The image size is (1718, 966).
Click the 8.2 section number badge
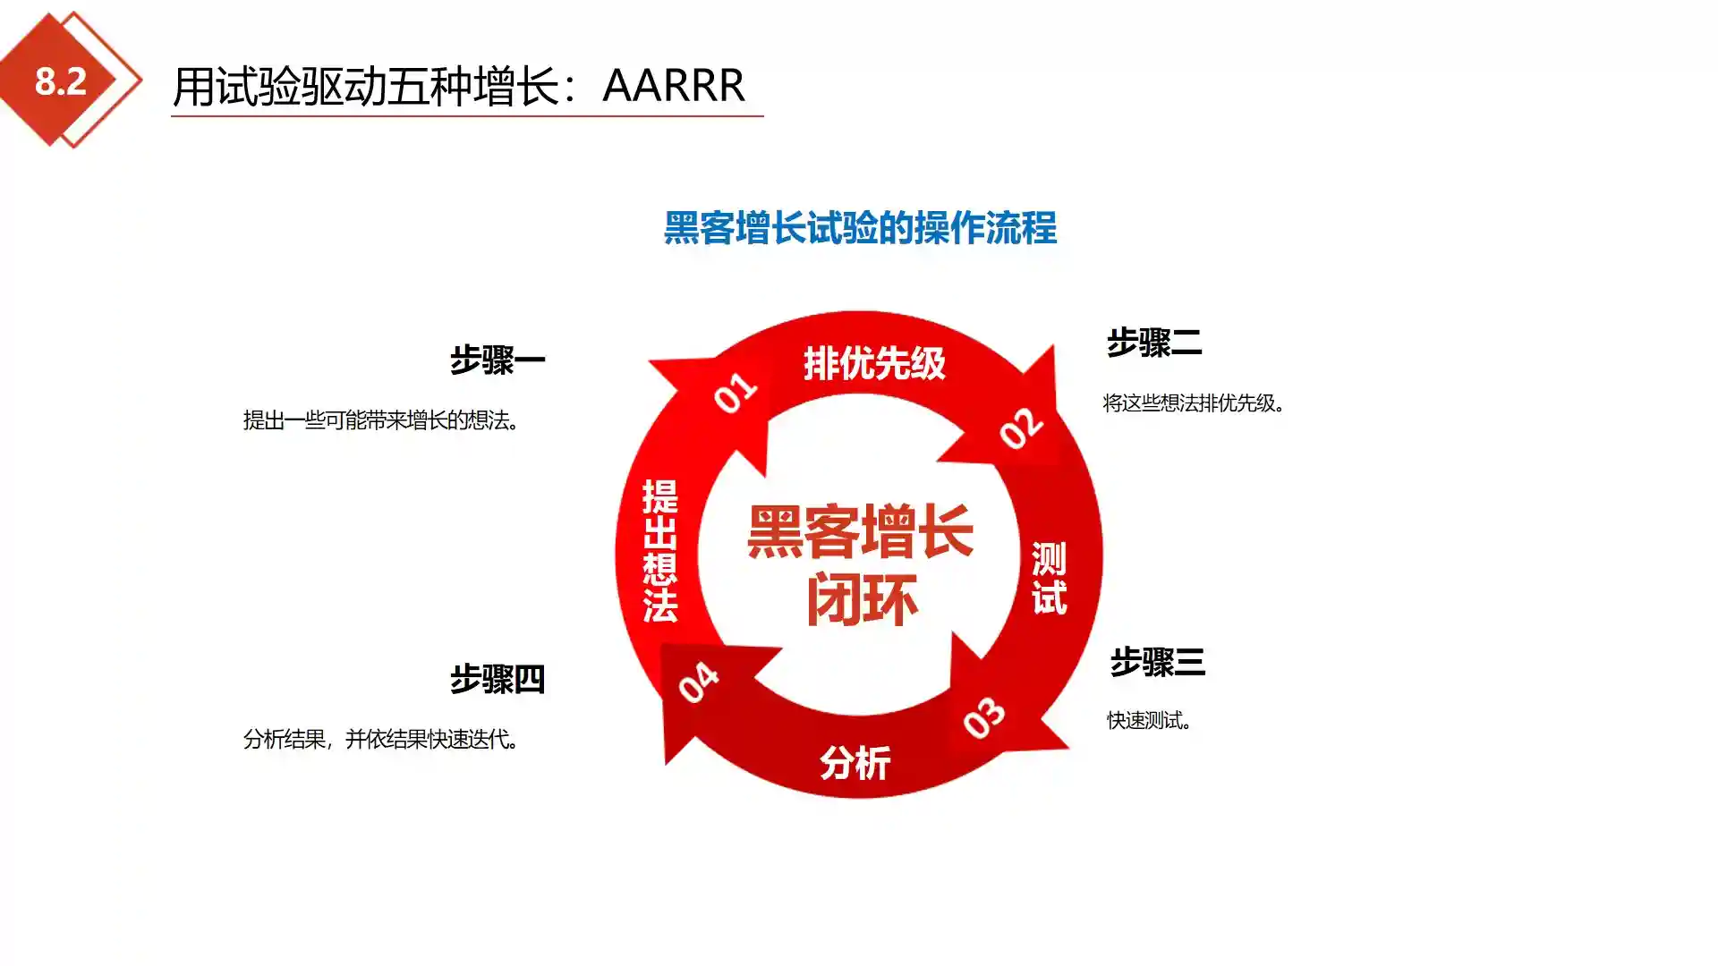point(61,80)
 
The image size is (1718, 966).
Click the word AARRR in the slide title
point(674,86)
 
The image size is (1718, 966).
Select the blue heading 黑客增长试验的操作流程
point(860,228)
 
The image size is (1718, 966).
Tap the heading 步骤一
point(498,360)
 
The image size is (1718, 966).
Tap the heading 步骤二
point(1154,343)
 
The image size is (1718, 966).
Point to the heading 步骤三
point(1158,662)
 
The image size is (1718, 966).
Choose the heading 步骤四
point(498,679)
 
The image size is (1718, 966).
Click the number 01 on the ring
point(736,393)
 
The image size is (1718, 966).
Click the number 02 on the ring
point(1021,428)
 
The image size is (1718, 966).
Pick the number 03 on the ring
point(984,717)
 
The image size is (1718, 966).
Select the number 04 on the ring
point(698,682)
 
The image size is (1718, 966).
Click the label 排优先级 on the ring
point(874,363)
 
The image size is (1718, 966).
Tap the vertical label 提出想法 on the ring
point(660,551)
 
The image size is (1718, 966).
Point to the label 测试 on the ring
point(1050,578)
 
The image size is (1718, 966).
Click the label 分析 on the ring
point(855,763)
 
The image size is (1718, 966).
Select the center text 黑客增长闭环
point(861,565)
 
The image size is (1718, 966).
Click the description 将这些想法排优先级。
point(1195,403)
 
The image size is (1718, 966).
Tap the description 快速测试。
point(1150,721)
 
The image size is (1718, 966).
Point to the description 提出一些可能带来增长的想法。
point(382,420)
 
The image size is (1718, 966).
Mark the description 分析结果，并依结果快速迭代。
point(382,740)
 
